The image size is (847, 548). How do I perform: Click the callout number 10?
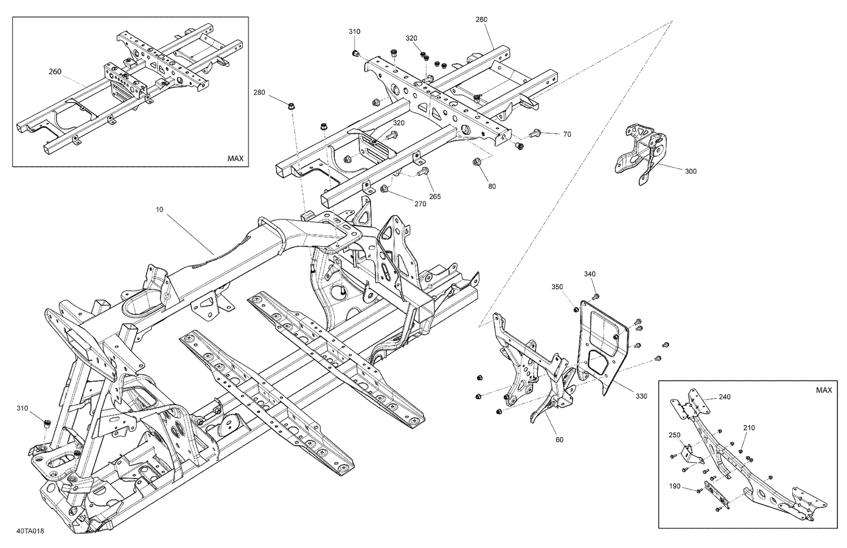click(159, 209)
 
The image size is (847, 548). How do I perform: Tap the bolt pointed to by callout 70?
click(535, 134)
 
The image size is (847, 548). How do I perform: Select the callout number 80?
click(492, 186)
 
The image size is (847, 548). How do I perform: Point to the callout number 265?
click(435, 196)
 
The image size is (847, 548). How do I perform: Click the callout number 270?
click(420, 204)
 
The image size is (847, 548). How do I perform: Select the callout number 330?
click(641, 396)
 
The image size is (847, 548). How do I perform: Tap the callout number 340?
click(590, 274)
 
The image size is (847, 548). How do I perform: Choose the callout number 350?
click(557, 287)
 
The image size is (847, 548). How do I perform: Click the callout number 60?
click(559, 440)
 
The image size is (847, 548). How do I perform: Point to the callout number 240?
click(724, 397)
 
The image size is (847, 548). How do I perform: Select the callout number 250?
click(674, 435)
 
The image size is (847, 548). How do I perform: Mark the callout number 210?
click(749, 427)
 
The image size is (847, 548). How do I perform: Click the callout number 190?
click(674, 486)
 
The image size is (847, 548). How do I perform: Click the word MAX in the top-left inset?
click(235, 159)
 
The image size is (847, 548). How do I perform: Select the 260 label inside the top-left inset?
click(55, 72)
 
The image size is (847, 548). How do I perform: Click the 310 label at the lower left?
click(23, 407)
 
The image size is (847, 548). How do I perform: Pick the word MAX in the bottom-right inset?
click(824, 390)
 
